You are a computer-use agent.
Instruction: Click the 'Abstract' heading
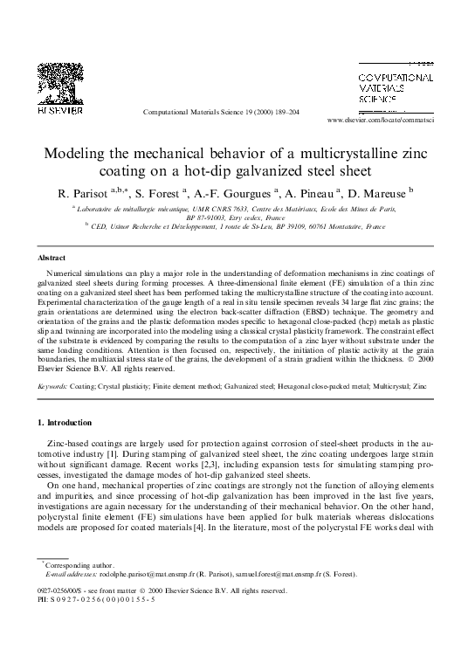point(52,259)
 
